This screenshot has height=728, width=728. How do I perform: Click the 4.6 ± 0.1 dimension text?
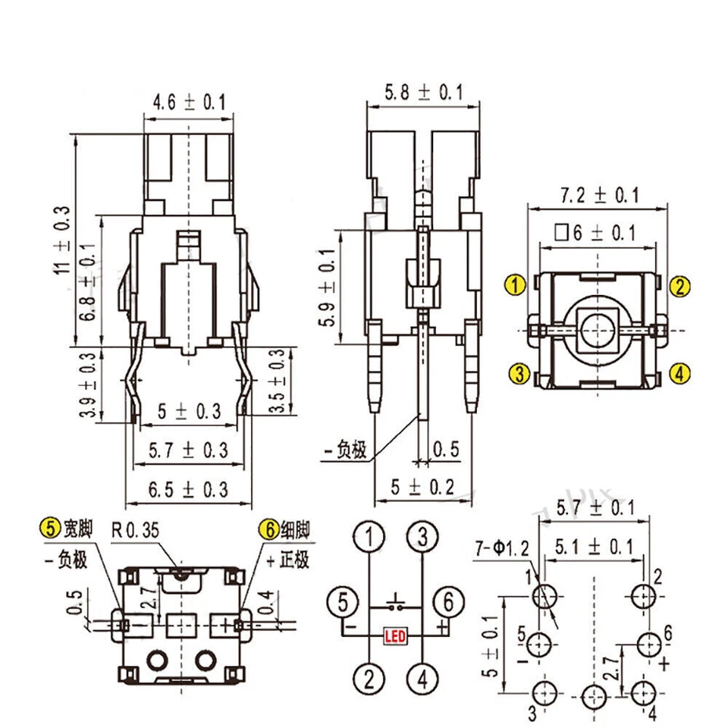point(190,101)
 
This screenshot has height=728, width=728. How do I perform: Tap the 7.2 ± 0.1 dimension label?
point(599,196)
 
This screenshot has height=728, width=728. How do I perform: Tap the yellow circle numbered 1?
point(516,286)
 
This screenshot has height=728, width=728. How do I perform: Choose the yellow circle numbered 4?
point(680,373)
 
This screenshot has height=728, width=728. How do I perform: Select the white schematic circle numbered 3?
point(422,538)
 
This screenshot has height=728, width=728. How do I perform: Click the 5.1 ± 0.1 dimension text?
point(595,545)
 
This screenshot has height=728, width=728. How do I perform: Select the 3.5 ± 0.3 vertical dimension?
point(281,381)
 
